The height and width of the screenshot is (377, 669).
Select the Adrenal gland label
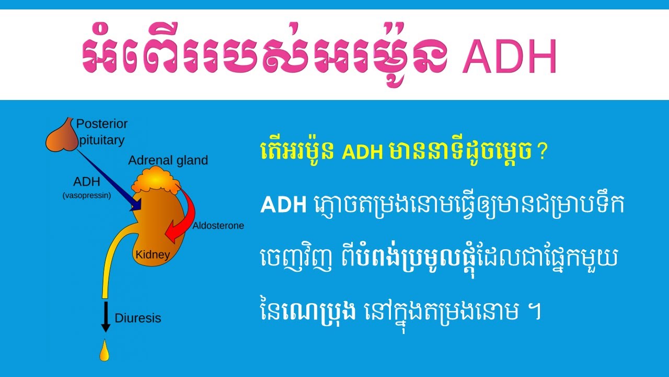click(168, 160)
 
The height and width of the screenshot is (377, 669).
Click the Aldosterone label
click(218, 226)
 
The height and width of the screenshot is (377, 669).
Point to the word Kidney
click(153, 255)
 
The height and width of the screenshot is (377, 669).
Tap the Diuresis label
click(137, 318)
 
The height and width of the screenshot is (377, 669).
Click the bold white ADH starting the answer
click(283, 206)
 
